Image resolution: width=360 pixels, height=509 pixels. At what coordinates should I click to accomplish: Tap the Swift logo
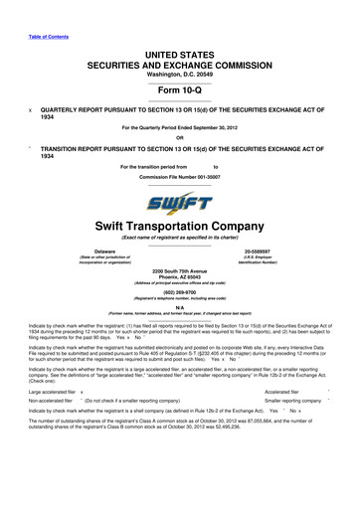[179, 205]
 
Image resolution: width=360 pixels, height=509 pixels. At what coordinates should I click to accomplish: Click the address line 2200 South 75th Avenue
[179, 271]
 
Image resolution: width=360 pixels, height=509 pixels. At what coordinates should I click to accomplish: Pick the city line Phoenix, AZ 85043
[179, 278]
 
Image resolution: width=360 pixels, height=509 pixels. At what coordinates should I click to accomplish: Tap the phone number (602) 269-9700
[179, 293]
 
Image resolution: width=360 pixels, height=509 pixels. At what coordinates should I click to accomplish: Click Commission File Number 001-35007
[179, 175]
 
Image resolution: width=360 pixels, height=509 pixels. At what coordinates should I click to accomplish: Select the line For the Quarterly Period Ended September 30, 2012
[179, 127]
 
